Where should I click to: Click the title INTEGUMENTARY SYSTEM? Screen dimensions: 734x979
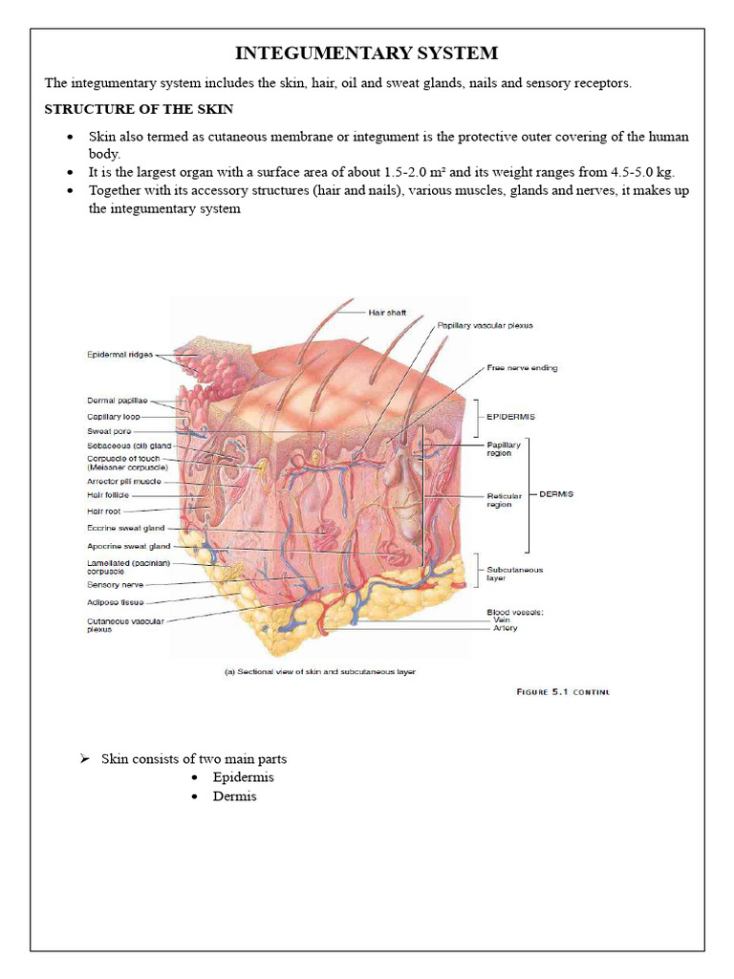point(367,53)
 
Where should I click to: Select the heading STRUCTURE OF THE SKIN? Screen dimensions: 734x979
point(139,110)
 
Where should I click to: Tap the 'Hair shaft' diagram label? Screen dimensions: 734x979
point(387,312)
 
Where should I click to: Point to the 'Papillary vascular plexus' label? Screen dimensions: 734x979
point(485,326)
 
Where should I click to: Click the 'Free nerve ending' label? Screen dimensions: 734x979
point(522,367)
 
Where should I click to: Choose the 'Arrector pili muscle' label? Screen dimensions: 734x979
point(124,481)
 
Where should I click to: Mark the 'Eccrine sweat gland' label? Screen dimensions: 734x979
point(125,528)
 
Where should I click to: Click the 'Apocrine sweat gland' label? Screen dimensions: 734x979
point(128,546)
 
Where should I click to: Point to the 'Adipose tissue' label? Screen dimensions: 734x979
point(116,602)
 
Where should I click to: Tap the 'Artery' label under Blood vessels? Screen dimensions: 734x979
point(506,628)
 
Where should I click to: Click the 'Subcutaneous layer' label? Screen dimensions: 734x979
point(514,574)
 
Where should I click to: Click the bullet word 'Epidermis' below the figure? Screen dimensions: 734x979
point(243,777)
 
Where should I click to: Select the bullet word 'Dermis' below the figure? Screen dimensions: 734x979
point(234,796)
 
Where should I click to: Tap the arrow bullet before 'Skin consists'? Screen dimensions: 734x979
point(84,759)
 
